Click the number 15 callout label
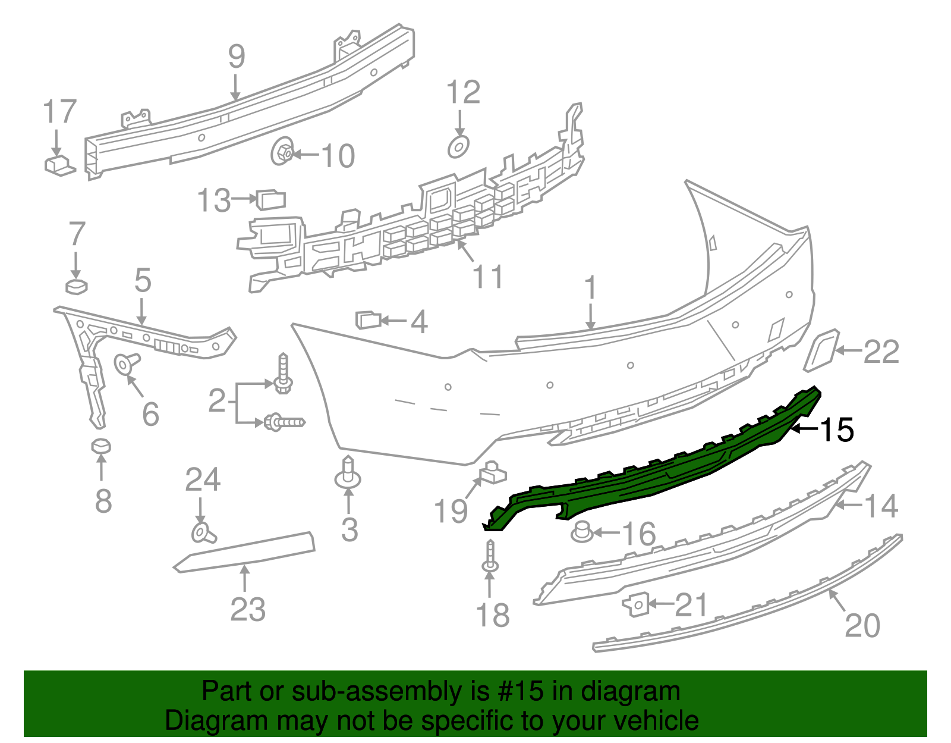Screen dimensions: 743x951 (x=837, y=430)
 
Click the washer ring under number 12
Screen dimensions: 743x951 (x=458, y=146)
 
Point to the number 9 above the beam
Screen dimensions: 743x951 (x=237, y=57)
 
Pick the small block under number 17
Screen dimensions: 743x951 (x=59, y=165)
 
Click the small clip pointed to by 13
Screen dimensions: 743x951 (x=271, y=200)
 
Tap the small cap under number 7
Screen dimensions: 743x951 (x=76, y=287)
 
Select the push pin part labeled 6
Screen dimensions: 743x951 (x=125, y=362)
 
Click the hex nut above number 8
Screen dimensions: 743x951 (x=101, y=446)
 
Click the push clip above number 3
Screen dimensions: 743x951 (x=348, y=474)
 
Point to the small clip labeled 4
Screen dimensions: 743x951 (x=368, y=320)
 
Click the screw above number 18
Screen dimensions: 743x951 (x=490, y=556)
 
